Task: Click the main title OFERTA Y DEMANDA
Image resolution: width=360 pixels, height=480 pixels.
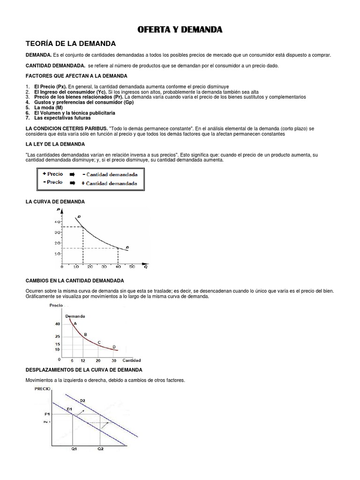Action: [x=180, y=30]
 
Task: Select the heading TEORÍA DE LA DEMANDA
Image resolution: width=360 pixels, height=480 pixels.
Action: [x=70, y=44]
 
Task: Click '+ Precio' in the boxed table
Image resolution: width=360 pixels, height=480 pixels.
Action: [x=53, y=174]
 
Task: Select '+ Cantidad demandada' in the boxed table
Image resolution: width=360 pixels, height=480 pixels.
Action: [x=110, y=183]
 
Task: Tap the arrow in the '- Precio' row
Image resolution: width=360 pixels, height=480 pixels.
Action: [x=73, y=183]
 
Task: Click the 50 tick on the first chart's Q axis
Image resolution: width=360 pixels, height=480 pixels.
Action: [x=132, y=266]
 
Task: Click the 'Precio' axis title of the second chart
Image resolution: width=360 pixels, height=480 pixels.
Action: [x=56, y=305]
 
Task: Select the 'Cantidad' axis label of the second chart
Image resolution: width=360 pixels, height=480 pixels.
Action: [x=132, y=360]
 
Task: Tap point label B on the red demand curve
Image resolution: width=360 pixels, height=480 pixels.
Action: [x=85, y=334]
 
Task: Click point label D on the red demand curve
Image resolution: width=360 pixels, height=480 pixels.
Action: [x=114, y=346]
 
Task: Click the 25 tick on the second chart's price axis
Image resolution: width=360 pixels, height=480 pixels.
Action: [x=57, y=337]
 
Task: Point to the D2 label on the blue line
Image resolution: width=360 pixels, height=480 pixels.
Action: [x=82, y=400]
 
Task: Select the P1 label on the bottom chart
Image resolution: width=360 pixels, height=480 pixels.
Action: [x=47, y=413]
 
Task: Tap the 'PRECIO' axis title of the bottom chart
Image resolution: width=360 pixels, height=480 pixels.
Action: [x=43, y=389]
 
